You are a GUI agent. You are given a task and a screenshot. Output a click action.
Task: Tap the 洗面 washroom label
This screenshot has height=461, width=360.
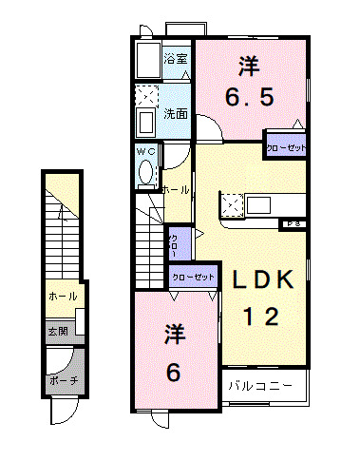click(x=175, y=113)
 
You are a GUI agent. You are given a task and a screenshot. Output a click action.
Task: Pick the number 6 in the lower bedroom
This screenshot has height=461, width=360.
click(x=174, y=373)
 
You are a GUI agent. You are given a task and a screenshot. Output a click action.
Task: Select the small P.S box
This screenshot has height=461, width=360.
click(x=293, y=224)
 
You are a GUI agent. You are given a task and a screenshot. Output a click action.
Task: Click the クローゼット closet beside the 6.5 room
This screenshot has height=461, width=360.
click(x=285, y=147)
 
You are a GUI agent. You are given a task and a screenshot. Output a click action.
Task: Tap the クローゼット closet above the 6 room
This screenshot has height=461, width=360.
click(x=192, y=277)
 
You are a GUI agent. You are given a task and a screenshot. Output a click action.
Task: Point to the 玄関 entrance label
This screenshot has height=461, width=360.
click(x=59, y=332)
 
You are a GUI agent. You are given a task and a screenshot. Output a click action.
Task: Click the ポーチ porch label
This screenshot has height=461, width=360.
click(x=62, y=380)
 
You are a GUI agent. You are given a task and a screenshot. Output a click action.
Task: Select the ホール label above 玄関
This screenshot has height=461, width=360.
click(x=60, y=298)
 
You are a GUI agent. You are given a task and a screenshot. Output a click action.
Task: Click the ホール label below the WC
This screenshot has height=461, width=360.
click(x=177, y=190)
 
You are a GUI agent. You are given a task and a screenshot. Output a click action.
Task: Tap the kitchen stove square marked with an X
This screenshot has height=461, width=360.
click(x=232, y=202)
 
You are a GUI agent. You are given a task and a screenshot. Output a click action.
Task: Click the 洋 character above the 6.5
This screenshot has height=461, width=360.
click(x=249, y=66)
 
